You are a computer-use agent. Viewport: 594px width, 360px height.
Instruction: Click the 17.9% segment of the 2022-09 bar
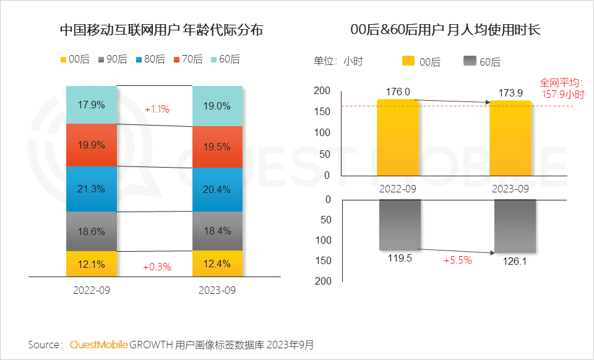tap(92, 105)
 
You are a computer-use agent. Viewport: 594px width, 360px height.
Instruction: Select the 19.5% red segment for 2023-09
tap(217, 147)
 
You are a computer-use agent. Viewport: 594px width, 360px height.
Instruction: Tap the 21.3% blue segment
tap(92, 189)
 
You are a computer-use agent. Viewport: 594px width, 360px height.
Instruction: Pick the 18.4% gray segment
tap(217, 231)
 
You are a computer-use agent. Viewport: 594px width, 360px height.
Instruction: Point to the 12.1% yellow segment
tap(92, 264)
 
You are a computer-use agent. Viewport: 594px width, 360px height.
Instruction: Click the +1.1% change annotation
tap(157, 109)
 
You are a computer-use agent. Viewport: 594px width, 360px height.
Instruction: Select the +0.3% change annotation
tap(157, 267)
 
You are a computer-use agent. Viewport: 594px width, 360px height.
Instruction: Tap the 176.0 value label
tap(398, 92)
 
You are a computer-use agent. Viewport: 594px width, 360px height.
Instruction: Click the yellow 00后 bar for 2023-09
tap(510, 137)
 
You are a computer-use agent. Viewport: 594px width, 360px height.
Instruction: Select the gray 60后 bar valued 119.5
tap(400, 225)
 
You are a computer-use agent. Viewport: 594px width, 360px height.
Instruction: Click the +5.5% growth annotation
tap(458, 260)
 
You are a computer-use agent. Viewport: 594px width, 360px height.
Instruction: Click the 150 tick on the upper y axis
tap(322, 111)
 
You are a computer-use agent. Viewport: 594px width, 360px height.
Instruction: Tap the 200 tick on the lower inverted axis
tap(323, 281)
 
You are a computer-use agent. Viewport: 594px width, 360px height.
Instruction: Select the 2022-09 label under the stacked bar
tap(91, 289)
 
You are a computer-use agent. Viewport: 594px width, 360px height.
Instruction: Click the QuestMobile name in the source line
tap(99, 344)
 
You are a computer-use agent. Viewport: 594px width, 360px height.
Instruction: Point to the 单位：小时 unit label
tap(338, 61)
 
